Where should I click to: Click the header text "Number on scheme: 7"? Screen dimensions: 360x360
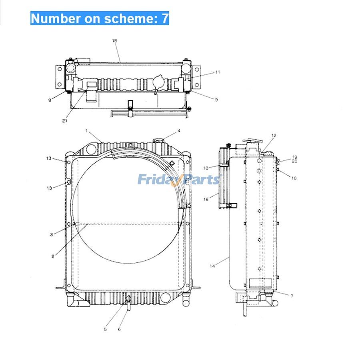(x=100, y=18)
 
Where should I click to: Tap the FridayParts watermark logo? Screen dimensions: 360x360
(x=178, y=180)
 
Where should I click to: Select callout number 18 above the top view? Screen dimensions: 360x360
(x=115, y=41)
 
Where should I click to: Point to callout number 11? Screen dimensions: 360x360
(x=218, y=72)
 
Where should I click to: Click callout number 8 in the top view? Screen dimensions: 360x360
(x=50, y=100)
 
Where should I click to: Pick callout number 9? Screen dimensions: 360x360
(x=216, y=100)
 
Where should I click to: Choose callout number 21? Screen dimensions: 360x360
(x=64, y=120)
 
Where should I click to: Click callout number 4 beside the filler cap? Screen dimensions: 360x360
(x=179, y=130)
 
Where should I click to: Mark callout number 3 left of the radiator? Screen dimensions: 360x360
(x=51, y=235)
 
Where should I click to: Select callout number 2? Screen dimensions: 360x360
(x=53, y=256)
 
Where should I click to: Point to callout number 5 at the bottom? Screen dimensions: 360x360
(x=106, y=329)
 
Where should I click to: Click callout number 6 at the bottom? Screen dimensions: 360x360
(x=119, y=329)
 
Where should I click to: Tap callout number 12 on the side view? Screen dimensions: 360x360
(x=274, y=136)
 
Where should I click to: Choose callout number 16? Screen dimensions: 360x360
(x=206, y=199)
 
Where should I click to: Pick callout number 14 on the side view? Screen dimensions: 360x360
(x=212, y=266)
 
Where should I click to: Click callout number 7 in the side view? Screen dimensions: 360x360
(x=292, y=296)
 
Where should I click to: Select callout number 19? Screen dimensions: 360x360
(x=294, y=157)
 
